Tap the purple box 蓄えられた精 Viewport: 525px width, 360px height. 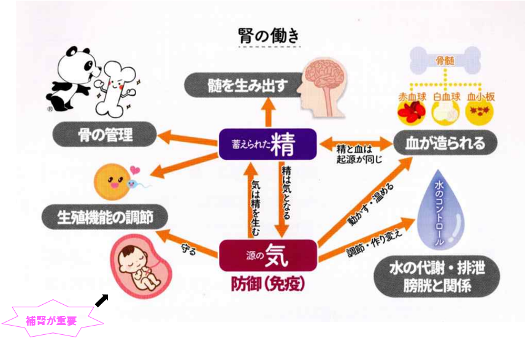(268, 145)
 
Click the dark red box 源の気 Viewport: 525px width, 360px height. (268, 255)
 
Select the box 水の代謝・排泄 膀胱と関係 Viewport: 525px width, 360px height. (436, 277)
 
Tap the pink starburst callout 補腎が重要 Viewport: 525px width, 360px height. (53, 320)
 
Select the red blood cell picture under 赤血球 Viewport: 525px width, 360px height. (412, 113)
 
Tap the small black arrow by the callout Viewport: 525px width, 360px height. (101, 300)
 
